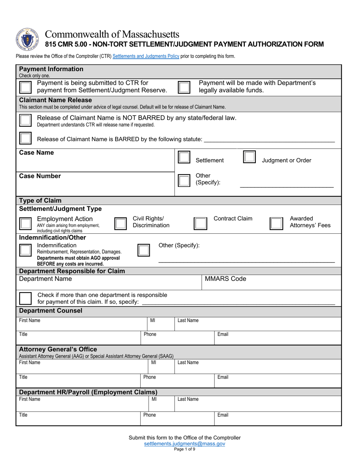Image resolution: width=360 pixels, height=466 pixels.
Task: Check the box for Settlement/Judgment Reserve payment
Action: click(26, 87)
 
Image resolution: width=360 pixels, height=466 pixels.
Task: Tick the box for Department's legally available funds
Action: click(184, 87)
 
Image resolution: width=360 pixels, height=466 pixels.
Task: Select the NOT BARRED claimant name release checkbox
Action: click(26, 121)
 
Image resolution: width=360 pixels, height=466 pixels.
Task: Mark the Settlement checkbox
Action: click(184, 157)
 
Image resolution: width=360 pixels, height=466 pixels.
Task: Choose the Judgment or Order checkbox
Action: click(249, 157)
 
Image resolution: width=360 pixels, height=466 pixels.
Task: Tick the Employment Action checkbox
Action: click(26, 224)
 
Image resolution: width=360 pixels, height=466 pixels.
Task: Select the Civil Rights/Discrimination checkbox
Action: click(121, 224)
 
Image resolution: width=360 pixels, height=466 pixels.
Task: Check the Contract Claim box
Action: click(200, 224)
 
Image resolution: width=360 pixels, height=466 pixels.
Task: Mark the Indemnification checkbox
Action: click(26, 250)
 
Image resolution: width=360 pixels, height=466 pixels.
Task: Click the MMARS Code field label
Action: click(225, 279)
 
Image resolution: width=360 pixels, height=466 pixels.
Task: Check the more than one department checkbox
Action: click(26, 299)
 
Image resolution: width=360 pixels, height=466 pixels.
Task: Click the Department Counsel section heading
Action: click(50, 311)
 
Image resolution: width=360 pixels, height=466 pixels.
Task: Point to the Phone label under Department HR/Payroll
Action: click(150, 415)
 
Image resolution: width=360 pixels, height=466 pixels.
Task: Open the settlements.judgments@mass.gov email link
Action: click(185, 443)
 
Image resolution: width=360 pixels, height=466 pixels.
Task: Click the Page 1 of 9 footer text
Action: click(185, 449)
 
